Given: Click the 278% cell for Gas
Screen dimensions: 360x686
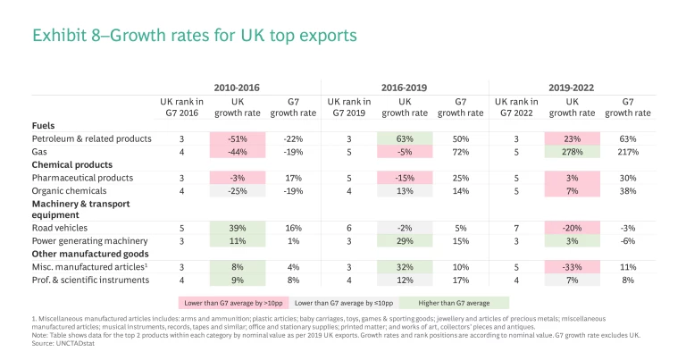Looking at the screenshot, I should (x=573, y=152).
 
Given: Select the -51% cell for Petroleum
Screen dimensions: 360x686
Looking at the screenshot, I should (x=238, y=139).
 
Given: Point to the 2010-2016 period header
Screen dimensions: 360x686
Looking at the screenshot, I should (x=238, y=88).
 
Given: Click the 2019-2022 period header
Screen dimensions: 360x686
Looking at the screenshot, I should (x=573, y=88).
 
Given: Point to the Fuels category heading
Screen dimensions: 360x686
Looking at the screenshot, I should (x=45, y=126).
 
